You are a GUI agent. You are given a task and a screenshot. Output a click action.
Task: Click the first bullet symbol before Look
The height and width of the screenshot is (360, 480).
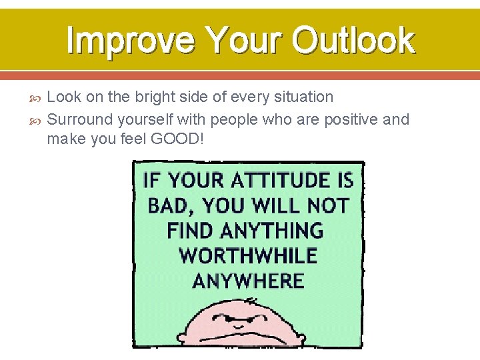tap(37, 98)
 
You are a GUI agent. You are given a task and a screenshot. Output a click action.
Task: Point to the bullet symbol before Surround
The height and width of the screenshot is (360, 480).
tap(37, 121)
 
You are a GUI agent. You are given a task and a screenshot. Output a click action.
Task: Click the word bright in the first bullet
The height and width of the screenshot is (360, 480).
tap(155, 97)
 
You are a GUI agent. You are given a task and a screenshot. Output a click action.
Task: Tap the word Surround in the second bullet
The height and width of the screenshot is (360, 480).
tap(80, 120)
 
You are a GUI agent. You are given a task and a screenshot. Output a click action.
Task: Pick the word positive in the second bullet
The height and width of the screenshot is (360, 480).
tap(346, 120)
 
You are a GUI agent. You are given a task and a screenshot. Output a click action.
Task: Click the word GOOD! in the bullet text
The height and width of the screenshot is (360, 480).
tap(182, 140)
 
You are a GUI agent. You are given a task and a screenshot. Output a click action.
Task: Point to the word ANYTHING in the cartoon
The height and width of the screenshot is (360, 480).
tap(271, 231)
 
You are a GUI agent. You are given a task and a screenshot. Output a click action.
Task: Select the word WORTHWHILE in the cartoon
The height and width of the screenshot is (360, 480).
tap(248, 255)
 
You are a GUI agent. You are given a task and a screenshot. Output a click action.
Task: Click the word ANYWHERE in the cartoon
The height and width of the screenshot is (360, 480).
tap(248, 280)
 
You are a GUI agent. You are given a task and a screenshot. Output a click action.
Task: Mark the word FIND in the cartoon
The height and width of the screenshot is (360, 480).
tap(190, 231)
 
